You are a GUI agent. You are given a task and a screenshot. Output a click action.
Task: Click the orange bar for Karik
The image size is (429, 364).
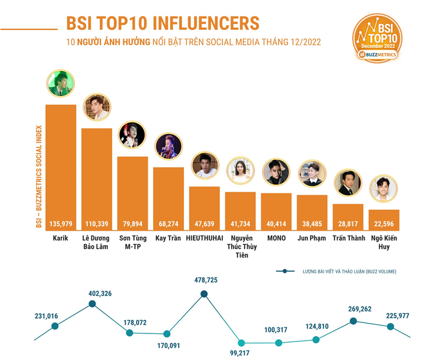click(61, 165)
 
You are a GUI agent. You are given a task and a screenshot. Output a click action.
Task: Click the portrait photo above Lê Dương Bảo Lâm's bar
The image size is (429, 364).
click(96, 107)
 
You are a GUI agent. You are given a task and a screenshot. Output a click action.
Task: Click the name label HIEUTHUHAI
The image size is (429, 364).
click(204, 236)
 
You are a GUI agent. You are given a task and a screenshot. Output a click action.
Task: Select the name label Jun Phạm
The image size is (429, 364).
click(312, 236)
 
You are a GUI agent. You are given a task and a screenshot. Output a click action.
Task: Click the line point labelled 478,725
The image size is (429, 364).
click(204, 294)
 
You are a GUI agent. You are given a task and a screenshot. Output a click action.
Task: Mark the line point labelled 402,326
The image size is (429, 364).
click(92, 303)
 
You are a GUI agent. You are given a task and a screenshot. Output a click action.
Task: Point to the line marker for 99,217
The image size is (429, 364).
click(241, 343)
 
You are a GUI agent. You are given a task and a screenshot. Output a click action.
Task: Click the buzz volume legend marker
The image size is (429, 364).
click(283, 271)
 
